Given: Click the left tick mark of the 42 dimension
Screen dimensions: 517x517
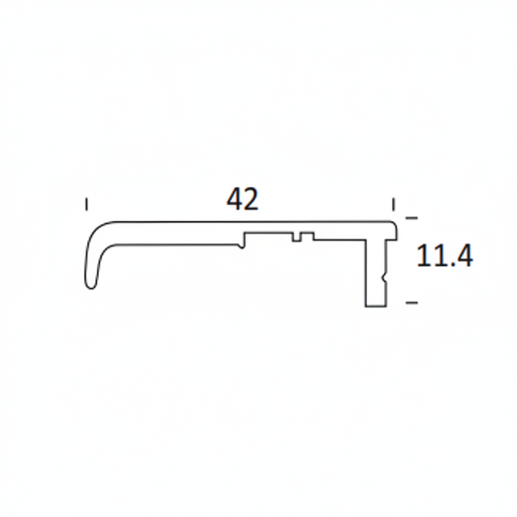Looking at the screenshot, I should (87, 204).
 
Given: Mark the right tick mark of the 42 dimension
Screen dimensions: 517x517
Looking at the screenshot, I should (393, 204).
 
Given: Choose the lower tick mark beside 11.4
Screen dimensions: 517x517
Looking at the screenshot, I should (411, 303).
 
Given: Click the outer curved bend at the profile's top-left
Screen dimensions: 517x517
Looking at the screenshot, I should (102, 229).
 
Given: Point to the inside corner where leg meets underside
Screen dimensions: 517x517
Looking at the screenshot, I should (366, 242).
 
